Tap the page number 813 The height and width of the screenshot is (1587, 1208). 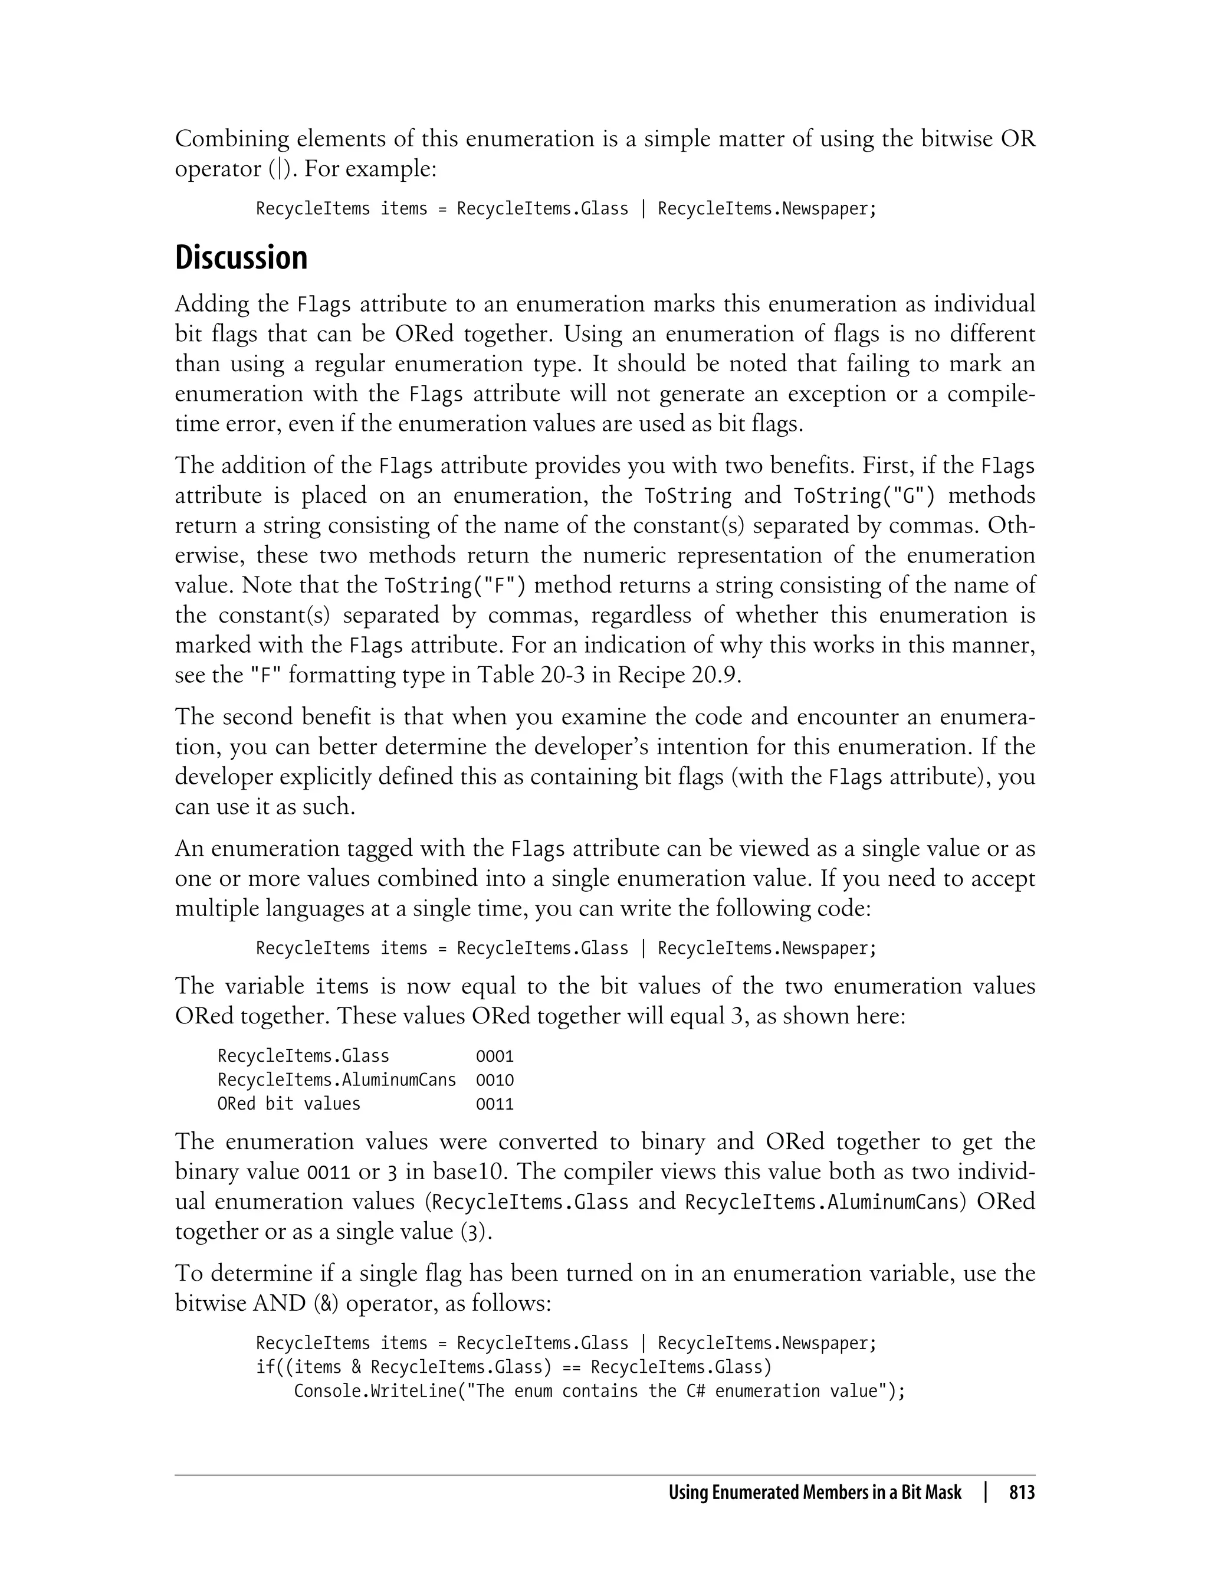(x=1022, y=1493)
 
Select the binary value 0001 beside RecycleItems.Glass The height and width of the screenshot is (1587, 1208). (x=495, y=1056)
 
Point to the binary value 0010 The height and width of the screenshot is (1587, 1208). (x=495, y=1080)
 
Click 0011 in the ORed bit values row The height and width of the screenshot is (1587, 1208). (x=495, y=1104)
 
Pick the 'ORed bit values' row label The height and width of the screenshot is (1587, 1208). (x=288, y=1104)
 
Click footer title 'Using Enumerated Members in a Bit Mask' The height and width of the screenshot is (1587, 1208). (x=815, y=1493)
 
